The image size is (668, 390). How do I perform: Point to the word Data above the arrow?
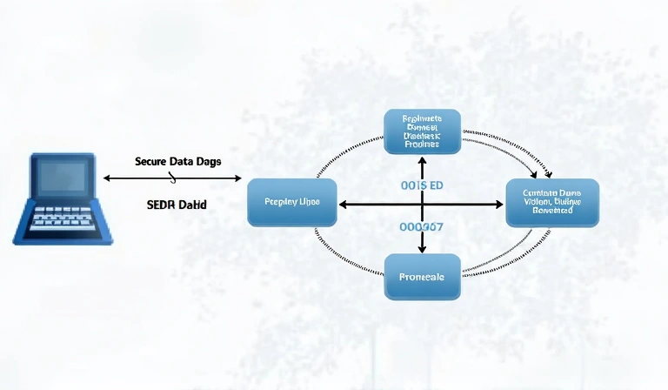pos(180,162)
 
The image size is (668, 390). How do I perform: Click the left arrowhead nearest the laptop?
pos(107,178)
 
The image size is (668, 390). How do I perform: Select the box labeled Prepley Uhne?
pos(291,203)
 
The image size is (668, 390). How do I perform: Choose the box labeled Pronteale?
pos(422,277)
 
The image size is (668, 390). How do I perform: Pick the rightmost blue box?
pos(552,203)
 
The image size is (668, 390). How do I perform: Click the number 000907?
pos(422,226)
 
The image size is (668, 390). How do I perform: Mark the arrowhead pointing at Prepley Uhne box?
pos(343,205)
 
